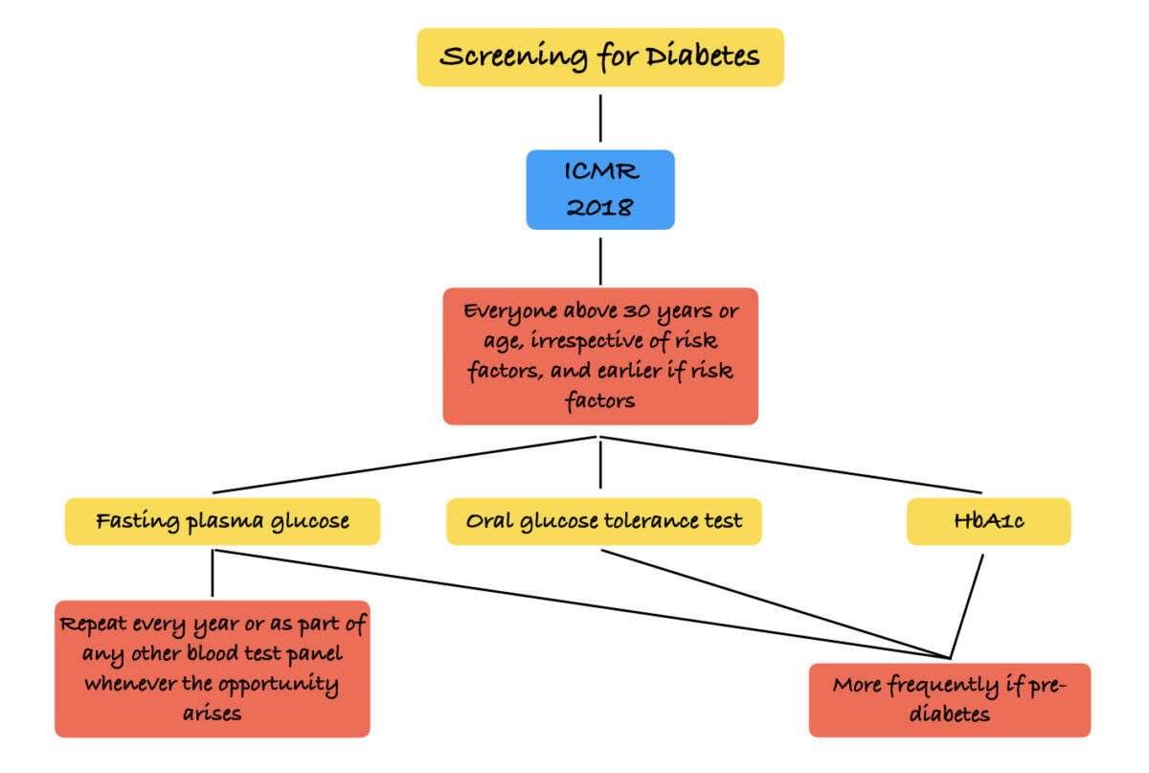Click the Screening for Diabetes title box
[600, 57]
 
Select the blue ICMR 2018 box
[600, 190]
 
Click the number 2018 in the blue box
[600, 206]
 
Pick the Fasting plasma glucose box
[222, 522]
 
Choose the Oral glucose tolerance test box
[604, 522]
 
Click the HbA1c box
[988, 522]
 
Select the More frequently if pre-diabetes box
[949, 700]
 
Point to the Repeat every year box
[213, 669]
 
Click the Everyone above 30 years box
[600, 356]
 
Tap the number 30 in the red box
[633, 312]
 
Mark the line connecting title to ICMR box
[600, 118]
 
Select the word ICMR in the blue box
[600, 174]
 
